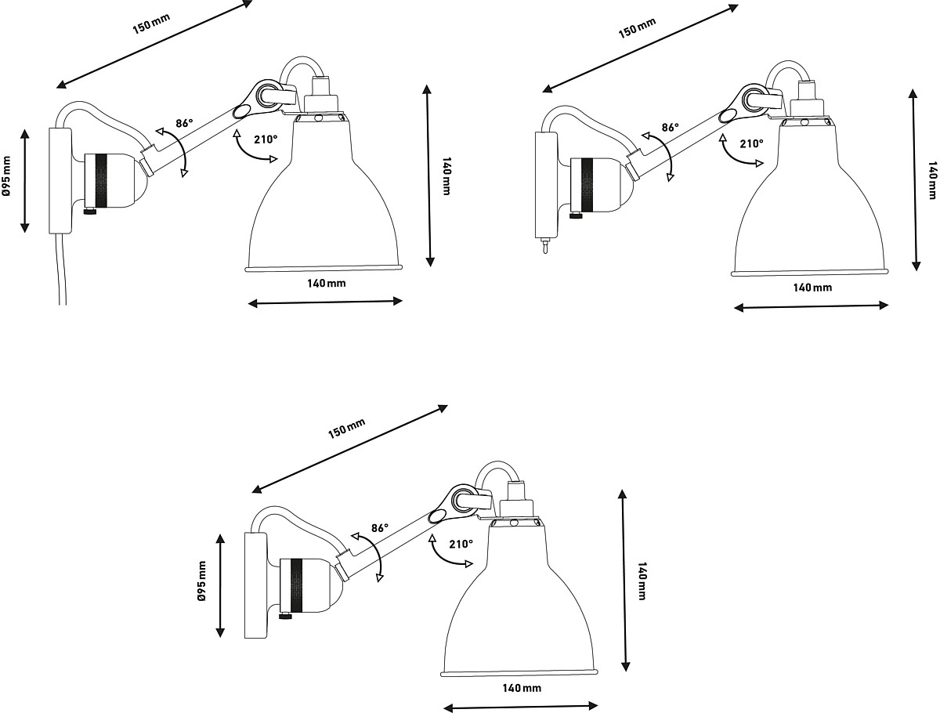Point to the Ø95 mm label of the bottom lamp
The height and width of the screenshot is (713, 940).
202,581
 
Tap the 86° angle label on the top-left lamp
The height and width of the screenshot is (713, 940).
183,123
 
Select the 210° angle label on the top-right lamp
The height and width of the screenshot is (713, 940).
751,143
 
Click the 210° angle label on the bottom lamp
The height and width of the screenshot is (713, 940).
461,544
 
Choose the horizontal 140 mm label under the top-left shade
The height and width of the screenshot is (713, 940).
326,283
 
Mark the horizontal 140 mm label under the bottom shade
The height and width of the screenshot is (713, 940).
522,688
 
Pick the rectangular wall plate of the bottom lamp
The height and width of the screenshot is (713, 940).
255,585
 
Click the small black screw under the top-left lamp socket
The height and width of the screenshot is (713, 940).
90,211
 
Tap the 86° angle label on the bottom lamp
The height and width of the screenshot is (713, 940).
379,529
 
